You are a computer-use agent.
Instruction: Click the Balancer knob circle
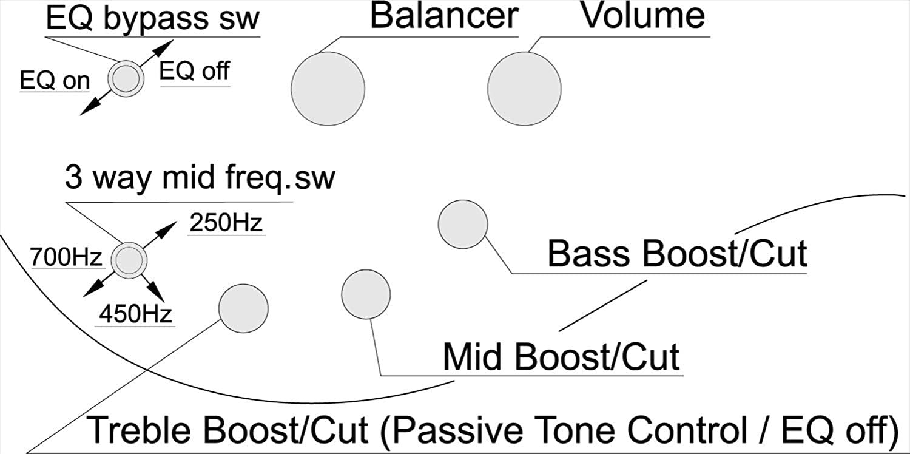pyautogui.click(x=328, y=89)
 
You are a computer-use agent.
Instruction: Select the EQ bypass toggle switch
pyautogui.click(x=126, y=78)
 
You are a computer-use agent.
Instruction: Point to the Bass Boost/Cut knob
pyautogui.click(x=462, y=224)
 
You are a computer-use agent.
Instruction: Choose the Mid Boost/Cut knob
pyautogui.click(x=366, y=294)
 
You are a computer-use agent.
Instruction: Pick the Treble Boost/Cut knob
pyautogui.click(x=243, y=308)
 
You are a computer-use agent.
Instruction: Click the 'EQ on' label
pyautogui.click(x=55, y=81)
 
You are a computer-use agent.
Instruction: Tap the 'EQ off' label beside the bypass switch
pyautogui.click(x=194, y=72)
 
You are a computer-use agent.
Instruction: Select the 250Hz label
pyautogui.click(x=226, y=223)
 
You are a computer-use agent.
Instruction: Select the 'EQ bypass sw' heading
pyautogui.click(x=153, y=19)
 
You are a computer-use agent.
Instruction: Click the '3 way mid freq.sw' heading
pyautogui.click(x=200, y=180)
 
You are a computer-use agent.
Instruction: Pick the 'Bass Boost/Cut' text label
pyautogui.click(x=677, y=254)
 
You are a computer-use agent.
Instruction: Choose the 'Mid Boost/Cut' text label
pyautogui.click(x=561, y=357)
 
